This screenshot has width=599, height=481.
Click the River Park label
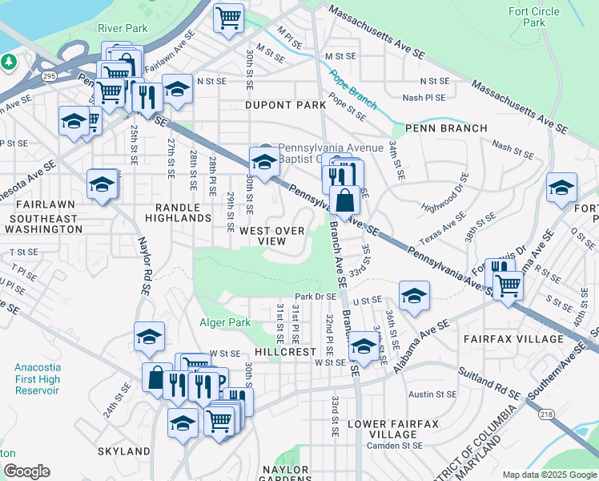pos(123,28)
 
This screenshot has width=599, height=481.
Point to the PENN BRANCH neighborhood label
pos(446,128)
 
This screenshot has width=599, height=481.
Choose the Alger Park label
pos(225,323)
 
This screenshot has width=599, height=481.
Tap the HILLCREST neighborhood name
pos(286,352)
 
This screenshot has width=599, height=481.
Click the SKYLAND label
pos(124,451)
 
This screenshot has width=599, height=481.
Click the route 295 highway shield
pos(49,75)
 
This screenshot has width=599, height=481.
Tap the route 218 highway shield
pos(546,414)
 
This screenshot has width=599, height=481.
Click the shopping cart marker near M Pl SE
pos(229,18)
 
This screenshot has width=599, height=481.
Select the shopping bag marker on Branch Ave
pos(344,201)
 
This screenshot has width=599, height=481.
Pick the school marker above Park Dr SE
pos(414,295)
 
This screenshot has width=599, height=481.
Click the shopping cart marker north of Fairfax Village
pos(508,284)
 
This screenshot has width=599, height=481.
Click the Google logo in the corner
pos(26,471)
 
